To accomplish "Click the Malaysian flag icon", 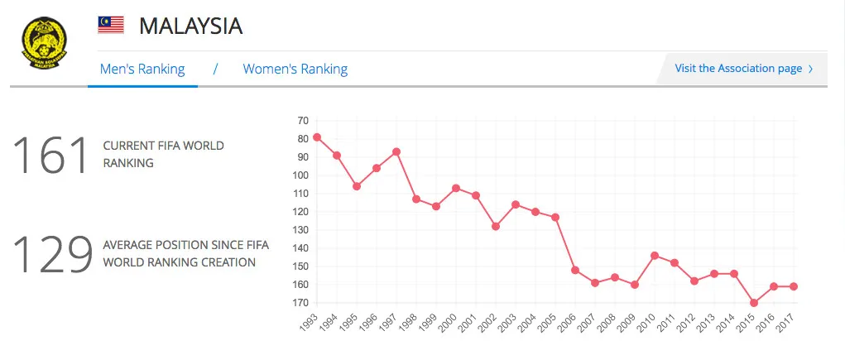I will tap(111, 26).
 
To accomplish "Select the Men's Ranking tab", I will tap(142, 69).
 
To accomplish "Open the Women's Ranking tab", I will tap(295, 69).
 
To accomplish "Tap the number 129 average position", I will tap(51, 254).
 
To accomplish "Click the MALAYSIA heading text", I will tap(190, 26).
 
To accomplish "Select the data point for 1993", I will tap(317, 137).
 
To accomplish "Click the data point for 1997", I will tap(396, 151).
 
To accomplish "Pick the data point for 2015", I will tap(754, 303).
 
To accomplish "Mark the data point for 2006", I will tap(575, 270).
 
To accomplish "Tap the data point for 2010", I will tap(655, 256).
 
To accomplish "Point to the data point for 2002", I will tap(496, 226).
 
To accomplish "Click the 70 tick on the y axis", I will tap(302, 121).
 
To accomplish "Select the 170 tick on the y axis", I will tap(300, 303).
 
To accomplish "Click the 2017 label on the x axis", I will tap(788, 323).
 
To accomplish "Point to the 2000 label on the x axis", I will tap(450, 323).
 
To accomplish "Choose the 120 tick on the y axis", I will tap(300, 212).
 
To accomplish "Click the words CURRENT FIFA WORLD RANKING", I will tap(163, 154).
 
